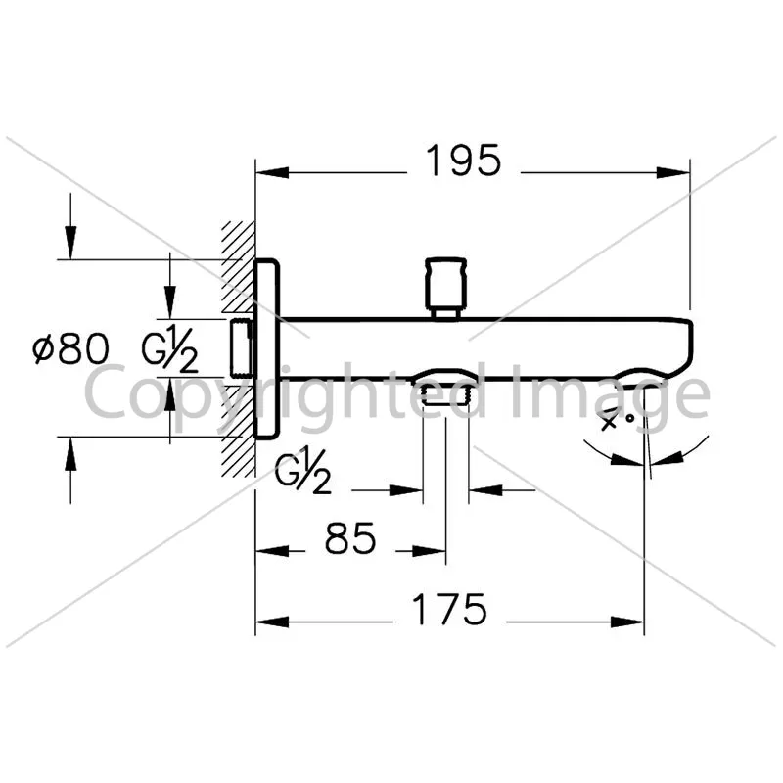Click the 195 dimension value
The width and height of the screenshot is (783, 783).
462,161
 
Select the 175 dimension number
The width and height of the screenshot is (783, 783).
449,610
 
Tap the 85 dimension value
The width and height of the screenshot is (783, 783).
350,538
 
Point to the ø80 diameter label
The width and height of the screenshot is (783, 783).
70,348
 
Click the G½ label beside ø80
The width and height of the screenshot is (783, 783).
169,348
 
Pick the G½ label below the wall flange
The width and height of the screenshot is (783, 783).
302,471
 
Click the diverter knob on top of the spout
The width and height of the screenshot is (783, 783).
445,288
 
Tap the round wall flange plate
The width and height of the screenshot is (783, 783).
266,349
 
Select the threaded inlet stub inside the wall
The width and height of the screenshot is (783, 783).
242,347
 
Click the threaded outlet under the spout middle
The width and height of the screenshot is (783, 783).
445,394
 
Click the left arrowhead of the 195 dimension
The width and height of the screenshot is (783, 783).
272,173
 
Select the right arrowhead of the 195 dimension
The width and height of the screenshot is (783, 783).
673,173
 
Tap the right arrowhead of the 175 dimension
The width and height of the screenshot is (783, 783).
627,622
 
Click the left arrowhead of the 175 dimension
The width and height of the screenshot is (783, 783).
272,622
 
